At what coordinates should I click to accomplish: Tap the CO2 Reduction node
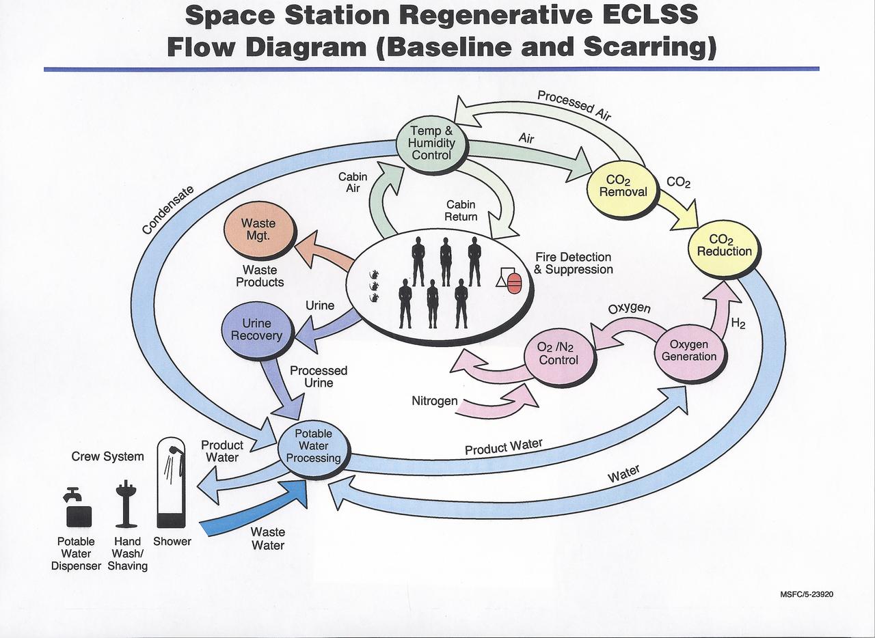click(x=724, y=245)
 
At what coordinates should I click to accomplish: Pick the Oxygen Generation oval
click(x=688, y=350)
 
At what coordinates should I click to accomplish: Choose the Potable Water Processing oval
click(x=313, y=446)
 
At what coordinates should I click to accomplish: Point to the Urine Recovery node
click(x=256, y=329)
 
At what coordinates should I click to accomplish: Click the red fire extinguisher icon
click(x=513, y=281)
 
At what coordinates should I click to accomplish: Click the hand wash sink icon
click(x=126, y=505)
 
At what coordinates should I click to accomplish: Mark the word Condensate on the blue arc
click(x=168, y=210)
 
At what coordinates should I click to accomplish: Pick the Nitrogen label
click(x=434, y=401)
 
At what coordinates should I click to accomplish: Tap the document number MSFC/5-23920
click(x=806, y=594)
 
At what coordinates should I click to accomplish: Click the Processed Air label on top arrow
click(x=574, y=105)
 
